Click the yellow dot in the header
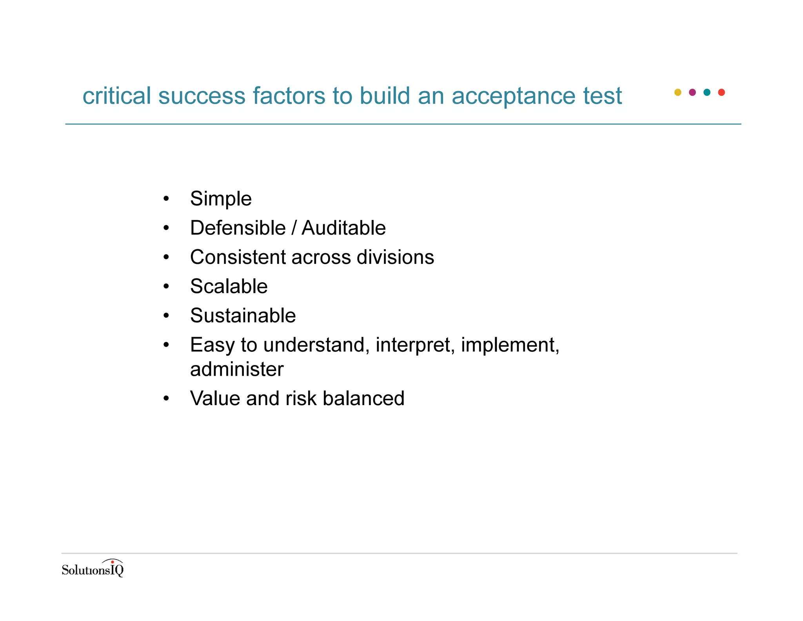678,92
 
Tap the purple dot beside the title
692,92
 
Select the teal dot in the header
707,92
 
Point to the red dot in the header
721,92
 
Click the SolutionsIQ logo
93,569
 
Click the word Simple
221,199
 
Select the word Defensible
238,228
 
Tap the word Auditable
343,228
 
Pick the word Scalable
229,286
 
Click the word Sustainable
243,316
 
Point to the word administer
237,369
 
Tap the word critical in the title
117,96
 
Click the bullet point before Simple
166,199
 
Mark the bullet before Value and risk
166,398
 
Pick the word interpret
415,345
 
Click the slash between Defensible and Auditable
294,228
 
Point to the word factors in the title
289,96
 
